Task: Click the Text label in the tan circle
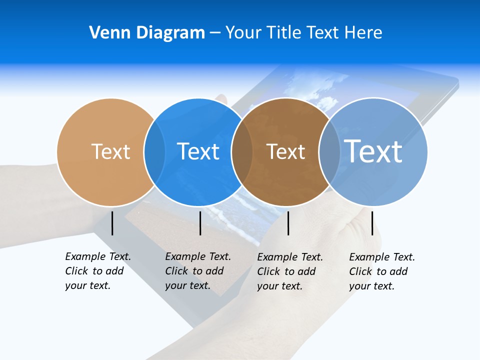tap(110, 151)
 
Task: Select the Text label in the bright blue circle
tap(198, 151)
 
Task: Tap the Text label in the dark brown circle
tap(285, 151)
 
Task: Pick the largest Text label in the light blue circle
tap(373, 151)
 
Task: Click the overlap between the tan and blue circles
tap(154, 151)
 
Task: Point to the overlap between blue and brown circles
tap(242, 151)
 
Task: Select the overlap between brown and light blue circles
tap(329, 151)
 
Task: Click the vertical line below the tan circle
tap(112, 223)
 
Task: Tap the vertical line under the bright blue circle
tap(200, 223)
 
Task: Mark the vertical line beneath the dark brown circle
tap(288, 223)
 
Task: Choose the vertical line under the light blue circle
tap(372, 223)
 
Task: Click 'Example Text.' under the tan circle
tap(98, 256)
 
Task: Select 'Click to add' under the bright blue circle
tap(194, 271)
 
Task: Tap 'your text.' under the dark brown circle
tap(280, 286)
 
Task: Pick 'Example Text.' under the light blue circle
tap(382, 257)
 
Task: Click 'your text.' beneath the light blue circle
tap(372, 286)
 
